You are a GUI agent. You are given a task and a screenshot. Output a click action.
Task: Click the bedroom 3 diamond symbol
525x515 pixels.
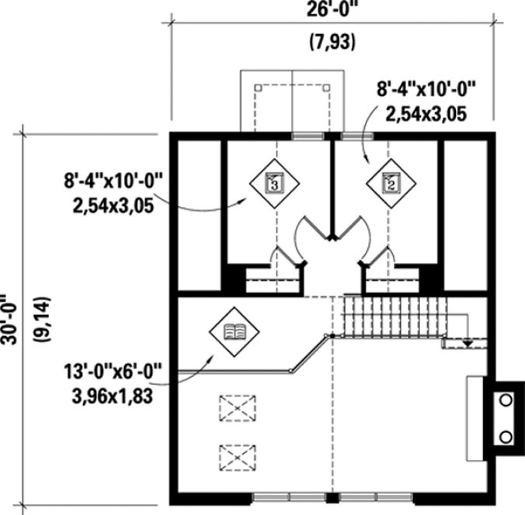coord(273,183)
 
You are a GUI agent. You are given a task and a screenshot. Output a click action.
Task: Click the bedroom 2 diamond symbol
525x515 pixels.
coord(391,183)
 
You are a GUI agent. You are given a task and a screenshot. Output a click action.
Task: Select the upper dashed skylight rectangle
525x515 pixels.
coord(237,406)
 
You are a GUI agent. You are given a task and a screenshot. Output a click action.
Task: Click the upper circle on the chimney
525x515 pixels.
coord(506,400)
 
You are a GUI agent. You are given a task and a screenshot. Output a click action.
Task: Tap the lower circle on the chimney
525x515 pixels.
coord(506,437)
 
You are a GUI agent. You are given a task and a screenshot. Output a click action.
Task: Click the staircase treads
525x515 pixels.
coord(393,316)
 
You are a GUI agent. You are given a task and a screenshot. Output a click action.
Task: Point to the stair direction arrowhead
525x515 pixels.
coord(468,341)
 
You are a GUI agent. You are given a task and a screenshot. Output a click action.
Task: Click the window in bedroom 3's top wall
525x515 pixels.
coord(308,137)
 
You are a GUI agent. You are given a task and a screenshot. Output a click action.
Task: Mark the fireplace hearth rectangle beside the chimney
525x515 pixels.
coord(475,418)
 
